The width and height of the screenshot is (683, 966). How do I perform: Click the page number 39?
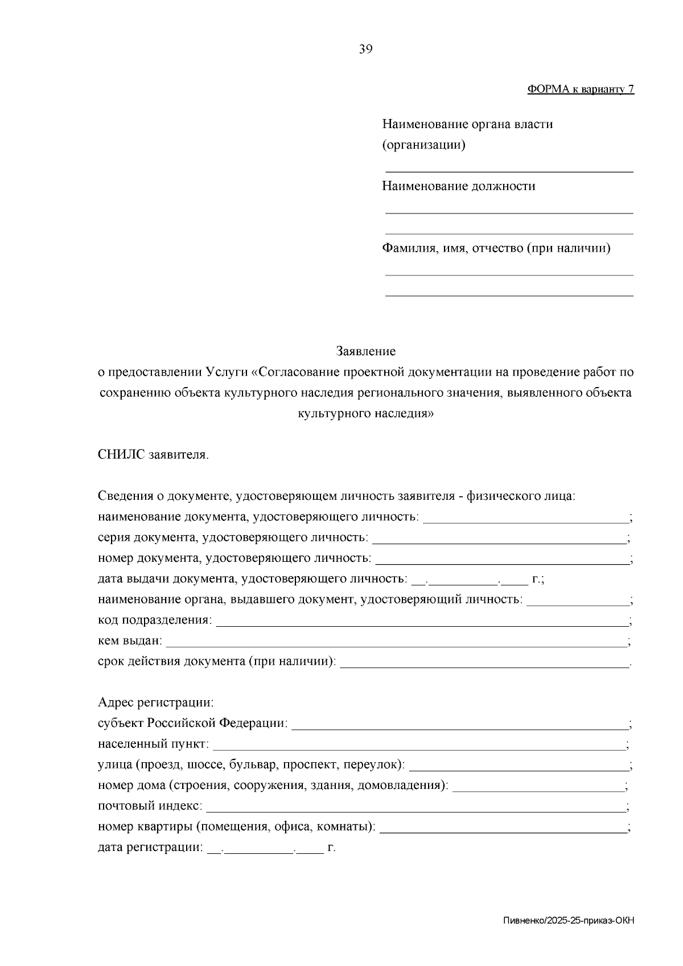click(x=365, y=50)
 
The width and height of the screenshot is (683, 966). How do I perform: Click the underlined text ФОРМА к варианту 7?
click(x=581, y=89)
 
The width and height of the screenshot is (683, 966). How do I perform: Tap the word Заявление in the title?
click(x=365, y=351)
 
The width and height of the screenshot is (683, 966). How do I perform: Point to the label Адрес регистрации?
click(x=155, y=702)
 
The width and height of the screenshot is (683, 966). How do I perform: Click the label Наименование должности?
click(x=458, y=186)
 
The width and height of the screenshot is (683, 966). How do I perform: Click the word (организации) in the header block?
click(x=423, y=145)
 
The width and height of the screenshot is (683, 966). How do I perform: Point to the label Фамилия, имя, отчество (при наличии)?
click(x=496, y=248)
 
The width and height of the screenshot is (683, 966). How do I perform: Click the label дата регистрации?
click(x=150, y=848)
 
